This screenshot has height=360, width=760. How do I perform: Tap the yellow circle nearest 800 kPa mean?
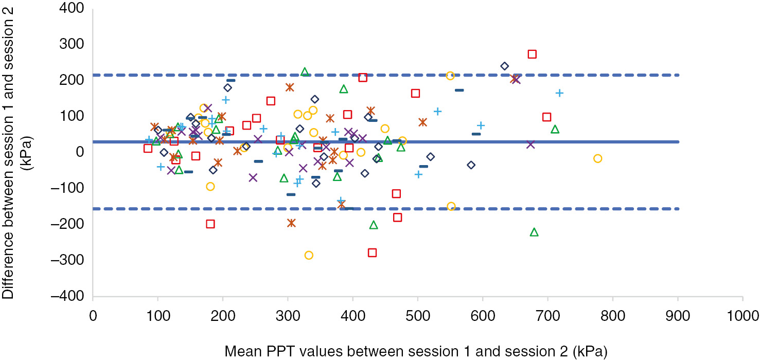click(x=597, y=158)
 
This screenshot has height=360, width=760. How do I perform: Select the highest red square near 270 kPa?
click(x=532, y=54)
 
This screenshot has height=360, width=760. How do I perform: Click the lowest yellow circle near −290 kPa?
click(x=309, y=255)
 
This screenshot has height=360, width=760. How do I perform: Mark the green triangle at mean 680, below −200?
click(x=534, y=232)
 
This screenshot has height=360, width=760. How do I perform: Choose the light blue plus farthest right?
click(x=559, y=93)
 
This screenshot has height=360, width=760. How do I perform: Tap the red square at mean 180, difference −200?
click(x=210, y=224)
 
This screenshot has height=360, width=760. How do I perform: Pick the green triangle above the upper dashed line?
click(x=305, y=71)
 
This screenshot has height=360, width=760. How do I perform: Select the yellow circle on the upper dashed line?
click(x=450, y=76)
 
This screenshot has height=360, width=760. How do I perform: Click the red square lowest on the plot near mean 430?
click(x=372, y=253)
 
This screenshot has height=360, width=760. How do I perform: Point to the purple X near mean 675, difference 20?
click(x=531, y=145)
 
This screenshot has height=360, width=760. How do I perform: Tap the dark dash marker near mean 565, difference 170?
click(x=459, y=90)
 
